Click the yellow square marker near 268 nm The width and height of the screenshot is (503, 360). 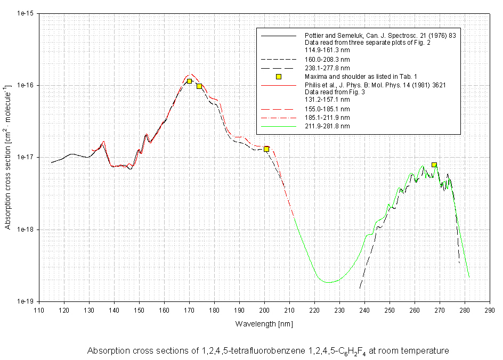pos(434,165)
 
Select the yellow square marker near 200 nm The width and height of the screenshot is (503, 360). pos(266,149)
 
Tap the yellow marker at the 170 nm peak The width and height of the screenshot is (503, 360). pos(189,81)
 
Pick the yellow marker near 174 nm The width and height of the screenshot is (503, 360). pos(199,86)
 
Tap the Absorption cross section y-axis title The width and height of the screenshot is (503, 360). pos(8,157)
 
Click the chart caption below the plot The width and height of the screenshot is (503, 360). pos(268,350)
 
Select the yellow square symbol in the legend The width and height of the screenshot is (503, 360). pos(278,77)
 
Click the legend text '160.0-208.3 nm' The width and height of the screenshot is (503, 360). pos(327,60)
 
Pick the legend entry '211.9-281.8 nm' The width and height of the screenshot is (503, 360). pos(327,126)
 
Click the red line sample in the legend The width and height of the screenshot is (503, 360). pos(278,85)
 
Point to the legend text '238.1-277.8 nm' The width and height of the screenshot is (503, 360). pos(327,68)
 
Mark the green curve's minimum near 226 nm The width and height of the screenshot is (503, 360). pos(329,282)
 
